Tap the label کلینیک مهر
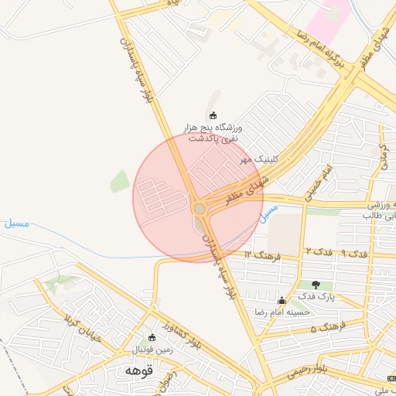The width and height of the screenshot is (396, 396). [258, 159]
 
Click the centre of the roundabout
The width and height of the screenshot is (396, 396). [200, 208]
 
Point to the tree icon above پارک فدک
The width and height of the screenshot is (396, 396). [315, 285]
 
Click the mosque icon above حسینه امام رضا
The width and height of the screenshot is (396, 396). [282, 301]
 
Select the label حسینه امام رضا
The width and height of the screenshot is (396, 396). [282, 312]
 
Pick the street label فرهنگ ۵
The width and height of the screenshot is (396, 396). [325, 328]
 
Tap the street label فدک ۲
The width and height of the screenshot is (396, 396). [319, 252]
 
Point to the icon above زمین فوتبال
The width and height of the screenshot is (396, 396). [152, 338]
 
